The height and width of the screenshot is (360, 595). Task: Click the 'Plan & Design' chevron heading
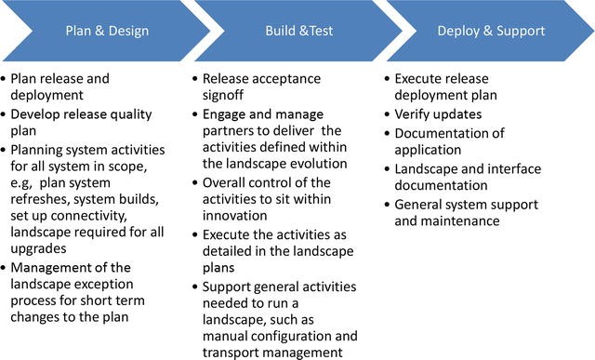pyautogui.click(x=107, y=32)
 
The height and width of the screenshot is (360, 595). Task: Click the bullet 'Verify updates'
pyautogui.click(x=439, y=113)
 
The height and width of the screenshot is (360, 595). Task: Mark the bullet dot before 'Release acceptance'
pyautogui.click(x=194, y=79)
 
